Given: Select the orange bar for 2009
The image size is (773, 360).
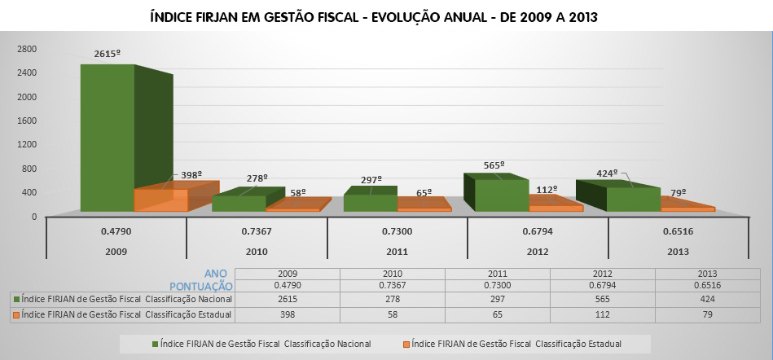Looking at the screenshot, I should click(160, 200).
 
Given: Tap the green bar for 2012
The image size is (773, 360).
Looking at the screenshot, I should click(496, 195).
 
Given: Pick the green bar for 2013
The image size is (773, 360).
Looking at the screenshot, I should click(633, 199).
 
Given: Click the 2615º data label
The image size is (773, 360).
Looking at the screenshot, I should click(107, 54).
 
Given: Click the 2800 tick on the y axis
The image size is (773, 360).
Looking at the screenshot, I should click(28, 49).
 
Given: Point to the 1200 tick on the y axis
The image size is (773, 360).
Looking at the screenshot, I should click(28, 145).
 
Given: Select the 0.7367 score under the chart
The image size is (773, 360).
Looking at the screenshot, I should click(256, 231).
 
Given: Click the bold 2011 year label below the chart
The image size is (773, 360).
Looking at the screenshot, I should click(397, 251).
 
